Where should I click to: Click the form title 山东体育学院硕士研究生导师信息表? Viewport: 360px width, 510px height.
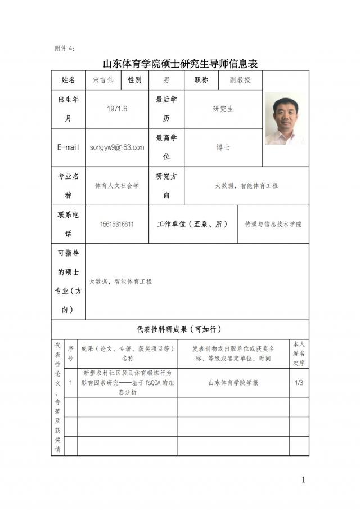point(180,62)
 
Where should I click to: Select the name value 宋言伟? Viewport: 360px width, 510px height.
point(103,80)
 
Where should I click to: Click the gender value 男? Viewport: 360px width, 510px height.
point(166,80)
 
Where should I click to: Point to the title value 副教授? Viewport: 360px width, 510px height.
point(240,80)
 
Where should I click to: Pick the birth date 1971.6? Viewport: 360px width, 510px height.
point(117,109)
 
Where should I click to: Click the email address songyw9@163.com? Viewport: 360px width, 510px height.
point(117,147)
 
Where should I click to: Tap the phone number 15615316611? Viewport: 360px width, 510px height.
point(117,224)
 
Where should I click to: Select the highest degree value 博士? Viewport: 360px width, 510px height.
point(223,147)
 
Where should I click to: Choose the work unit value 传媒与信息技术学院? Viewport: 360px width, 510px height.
point(273,224)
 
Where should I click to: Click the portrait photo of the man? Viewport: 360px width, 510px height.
point(286,119)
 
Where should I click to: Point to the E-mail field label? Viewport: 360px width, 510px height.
point(68,147)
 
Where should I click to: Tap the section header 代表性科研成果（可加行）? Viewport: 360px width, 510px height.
point(179,329)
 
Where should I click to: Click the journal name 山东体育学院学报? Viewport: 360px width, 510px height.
point(233,383)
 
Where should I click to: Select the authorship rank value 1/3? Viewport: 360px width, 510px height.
point(299,383)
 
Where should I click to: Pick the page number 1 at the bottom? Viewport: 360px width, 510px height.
point(303,480)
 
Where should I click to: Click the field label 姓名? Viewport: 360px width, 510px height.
point(68,80)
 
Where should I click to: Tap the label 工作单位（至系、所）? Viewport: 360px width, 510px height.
point(192,224)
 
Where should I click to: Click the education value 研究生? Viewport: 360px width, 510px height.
point(223,109)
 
